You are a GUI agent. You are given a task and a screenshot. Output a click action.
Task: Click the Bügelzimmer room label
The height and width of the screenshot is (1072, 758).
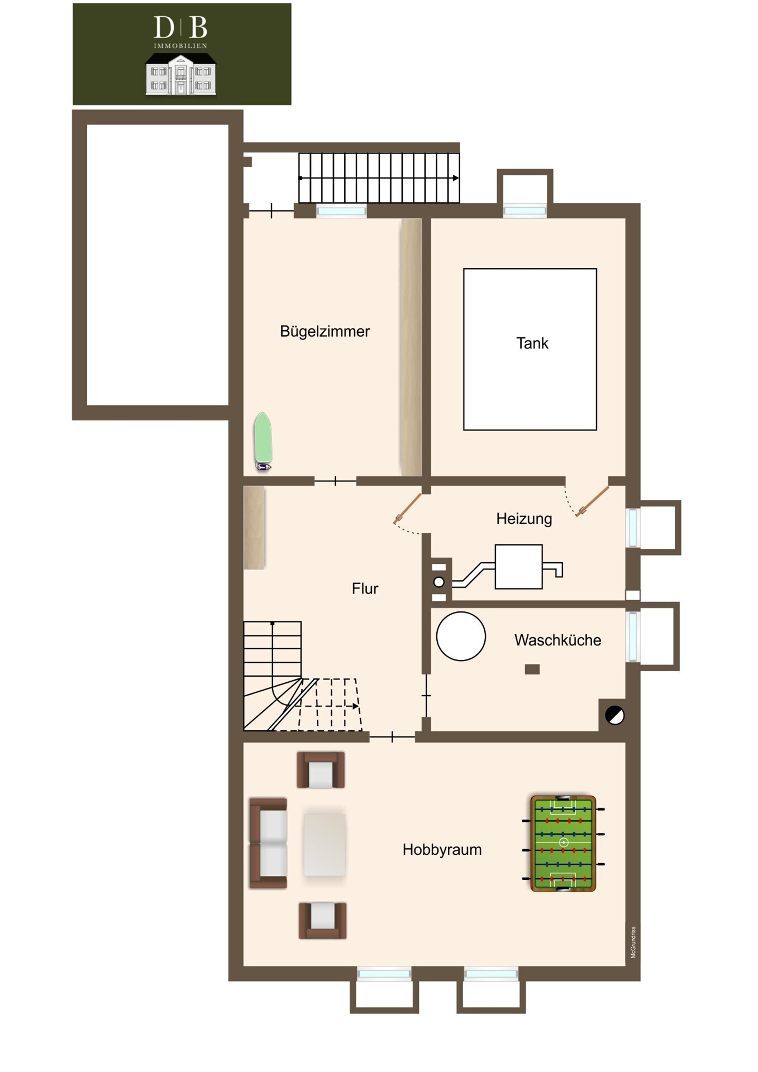(325, 332)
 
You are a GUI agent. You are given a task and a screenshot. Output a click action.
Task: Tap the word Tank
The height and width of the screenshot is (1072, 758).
(532, 343)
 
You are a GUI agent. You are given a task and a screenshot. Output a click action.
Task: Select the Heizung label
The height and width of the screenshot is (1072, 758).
(524, 519)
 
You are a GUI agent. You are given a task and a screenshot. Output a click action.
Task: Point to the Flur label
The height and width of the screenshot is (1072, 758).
(365, 588)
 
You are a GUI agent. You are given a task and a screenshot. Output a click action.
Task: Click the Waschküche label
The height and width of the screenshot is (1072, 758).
(557, 640)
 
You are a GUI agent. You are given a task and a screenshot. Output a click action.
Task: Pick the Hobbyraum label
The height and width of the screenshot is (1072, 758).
(442, 850)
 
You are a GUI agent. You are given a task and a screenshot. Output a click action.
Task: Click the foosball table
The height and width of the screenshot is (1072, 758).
(563, 844)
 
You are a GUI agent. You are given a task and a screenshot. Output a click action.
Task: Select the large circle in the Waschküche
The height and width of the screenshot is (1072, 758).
(461, 636)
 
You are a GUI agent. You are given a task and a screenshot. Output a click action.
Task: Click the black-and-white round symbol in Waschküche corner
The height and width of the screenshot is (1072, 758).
(615, 715)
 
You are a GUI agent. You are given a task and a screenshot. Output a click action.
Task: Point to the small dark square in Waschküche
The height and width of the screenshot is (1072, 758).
(532, 669)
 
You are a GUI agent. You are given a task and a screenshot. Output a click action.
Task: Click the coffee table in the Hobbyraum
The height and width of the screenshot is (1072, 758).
(325, 844)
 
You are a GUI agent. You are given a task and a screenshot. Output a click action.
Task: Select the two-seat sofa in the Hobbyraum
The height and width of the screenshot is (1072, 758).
(268, 843)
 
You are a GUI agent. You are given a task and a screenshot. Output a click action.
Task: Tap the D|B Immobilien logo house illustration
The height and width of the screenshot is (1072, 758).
(181, 74)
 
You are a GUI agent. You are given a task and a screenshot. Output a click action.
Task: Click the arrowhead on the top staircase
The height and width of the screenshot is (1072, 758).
(456, 178)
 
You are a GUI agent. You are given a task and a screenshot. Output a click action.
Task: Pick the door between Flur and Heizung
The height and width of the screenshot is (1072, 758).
(407, 509)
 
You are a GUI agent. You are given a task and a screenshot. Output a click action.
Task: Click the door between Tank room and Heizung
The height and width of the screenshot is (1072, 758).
(593, 501)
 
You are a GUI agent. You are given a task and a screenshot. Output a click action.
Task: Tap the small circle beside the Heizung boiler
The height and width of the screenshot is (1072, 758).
(439, 582)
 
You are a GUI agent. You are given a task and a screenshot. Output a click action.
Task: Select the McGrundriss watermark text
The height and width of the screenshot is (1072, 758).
(633, 942)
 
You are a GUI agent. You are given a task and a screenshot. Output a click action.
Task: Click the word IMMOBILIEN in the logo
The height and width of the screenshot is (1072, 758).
(180, 46)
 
